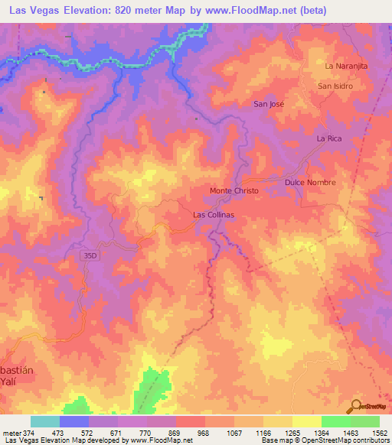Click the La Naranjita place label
pyautogui.click(x=346, y=67)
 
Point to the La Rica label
pyautogui.click(x=329, y=138)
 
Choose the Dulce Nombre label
pyautogui.click(x=310, y=184)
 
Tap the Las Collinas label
pyautogui.click(x=214, y=216)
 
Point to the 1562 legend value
pyautogui.click(x=379, y=433)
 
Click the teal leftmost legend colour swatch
pyautogui.click(x=44, y=422)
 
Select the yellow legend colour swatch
pyautogui.click(x=305, y=422)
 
